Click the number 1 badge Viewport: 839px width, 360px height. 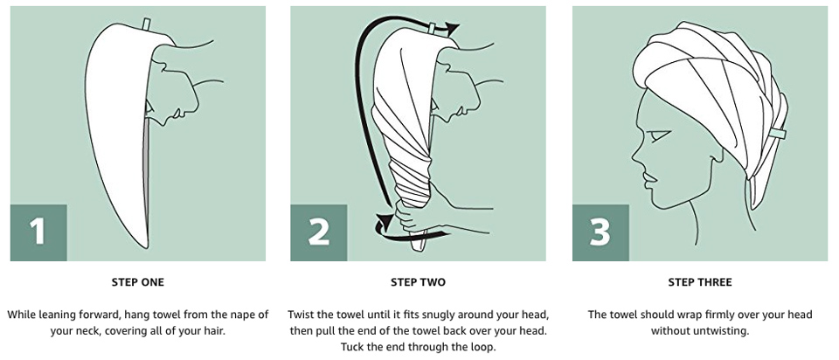pos(38,232)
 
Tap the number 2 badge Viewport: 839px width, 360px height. pos(318,232)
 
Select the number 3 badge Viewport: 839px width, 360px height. pos(600,232)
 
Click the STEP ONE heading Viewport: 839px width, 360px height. pos(137,282)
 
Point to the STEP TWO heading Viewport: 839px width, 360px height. pos(418,282)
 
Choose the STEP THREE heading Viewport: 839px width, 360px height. pos(700,282)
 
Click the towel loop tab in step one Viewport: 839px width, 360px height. pos(147,24)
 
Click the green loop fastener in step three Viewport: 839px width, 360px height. pos(778,133)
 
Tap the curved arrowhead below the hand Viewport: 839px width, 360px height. pos(383,223)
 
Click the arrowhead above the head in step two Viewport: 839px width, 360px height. pos(453,27)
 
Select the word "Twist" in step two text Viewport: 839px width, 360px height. pos(300,314)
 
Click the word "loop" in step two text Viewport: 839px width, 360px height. pos(483,347)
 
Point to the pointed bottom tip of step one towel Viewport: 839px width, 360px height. pos(146,247)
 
